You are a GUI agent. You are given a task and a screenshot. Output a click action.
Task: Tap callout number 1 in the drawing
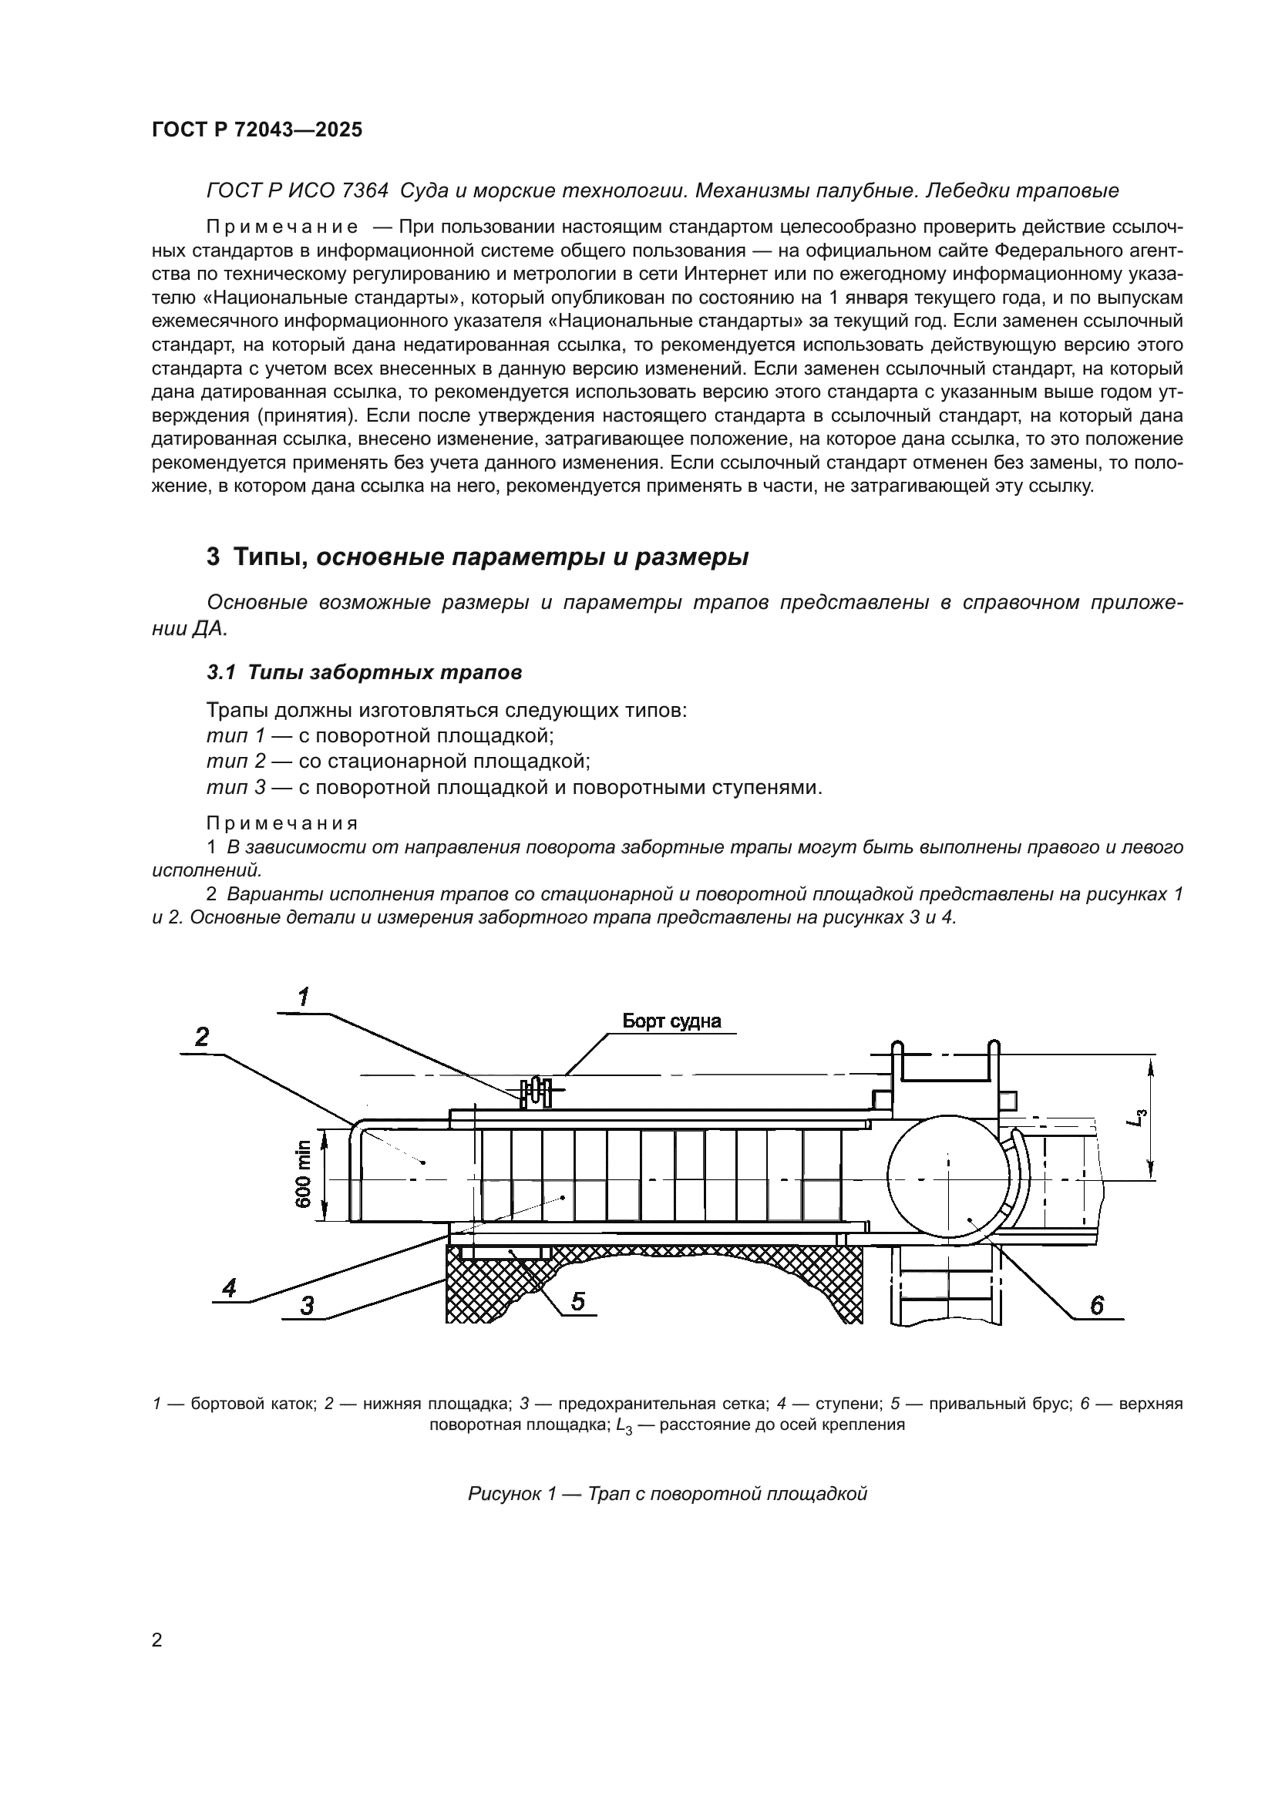(x=303, y=997)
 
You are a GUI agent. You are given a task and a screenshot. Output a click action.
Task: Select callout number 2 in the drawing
(x=202, y=1037)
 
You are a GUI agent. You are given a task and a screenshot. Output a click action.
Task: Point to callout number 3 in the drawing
(x=307, y=1305)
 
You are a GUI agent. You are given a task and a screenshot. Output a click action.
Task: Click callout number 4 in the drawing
(x=229, y=1287)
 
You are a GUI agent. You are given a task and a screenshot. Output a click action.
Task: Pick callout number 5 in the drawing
(x=577, y=1301)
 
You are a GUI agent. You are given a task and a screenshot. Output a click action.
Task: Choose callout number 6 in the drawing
(x=1097, y=1304)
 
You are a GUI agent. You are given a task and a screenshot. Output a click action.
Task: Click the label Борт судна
(x=671, y=1021)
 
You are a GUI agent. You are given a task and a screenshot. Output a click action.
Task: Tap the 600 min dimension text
(x=304, y=1174)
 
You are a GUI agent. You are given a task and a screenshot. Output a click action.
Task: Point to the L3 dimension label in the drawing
(x=1136, y=1118)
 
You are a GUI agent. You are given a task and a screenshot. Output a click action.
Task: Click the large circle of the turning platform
(x=947, y=1178)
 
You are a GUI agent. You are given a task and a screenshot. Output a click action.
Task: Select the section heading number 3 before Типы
(x=213, y=557)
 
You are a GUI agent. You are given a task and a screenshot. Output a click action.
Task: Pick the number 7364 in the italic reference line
(x=365, y=191)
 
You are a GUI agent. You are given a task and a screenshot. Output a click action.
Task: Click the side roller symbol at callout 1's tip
(x=536, y=1092)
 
